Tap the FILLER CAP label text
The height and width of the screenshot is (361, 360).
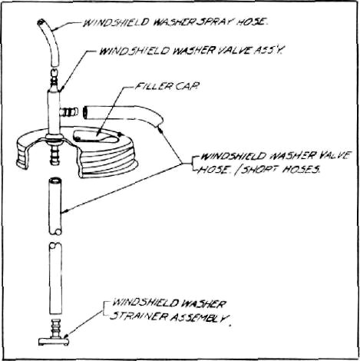click(x=167, y=86)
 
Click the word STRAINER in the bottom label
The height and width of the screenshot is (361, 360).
click(x=138, y=316)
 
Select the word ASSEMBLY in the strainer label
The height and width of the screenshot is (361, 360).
click(x=200, y=317)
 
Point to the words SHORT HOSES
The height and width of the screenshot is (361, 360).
click(x=280, y=170)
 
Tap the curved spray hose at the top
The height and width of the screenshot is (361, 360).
click(x=49, y=42)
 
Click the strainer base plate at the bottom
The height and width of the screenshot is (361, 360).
click(x=54, y=342)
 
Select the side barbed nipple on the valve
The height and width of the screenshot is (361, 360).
click(x=68, y=112)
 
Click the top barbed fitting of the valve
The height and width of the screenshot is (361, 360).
click(x=54, y=78)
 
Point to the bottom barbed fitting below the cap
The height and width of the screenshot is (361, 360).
click(x=54, y=156)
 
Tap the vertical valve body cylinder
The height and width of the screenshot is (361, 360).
click(x=54, y=111)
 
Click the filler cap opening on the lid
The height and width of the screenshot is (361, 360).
click(x=94, y=136)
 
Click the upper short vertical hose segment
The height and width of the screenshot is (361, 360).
click(x=55, y=206)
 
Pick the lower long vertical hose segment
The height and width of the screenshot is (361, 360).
click(x=55, y=279)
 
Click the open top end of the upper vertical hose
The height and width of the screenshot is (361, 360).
click(x=55, y=180)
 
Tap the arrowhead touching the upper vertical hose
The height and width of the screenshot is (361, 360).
click(x=64, y=211)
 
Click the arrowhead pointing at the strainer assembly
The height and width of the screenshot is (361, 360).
click(x=66, y=336)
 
